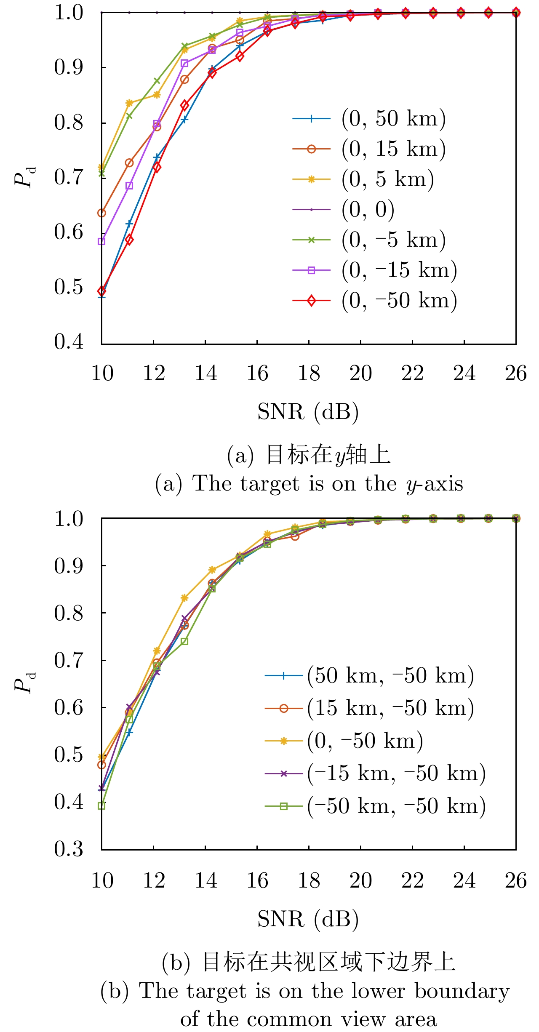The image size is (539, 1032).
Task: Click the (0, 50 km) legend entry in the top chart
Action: [x=393, y=119]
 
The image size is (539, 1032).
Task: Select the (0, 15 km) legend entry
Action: [x=393, y=149]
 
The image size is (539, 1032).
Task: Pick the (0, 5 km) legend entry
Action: [x=387, y=179]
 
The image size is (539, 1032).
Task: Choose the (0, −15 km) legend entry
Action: [x=399, y=270]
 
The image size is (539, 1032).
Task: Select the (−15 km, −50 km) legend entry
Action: [x=396, y=773]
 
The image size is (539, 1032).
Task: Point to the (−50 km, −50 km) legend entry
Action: [x=396, y=806]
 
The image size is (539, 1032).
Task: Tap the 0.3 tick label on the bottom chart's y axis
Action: [x=69, y=848]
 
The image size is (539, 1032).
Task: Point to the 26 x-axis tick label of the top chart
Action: [x=515, y=373]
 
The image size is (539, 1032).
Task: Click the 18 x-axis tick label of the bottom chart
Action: [x=309, y=880]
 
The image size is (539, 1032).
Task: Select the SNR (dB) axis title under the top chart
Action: [x=308, y=412]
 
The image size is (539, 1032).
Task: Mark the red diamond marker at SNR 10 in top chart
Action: [x=101, y=291]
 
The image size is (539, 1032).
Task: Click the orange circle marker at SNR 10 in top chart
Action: [x=101, y=213]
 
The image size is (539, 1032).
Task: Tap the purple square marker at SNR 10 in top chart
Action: [x=101, y=241]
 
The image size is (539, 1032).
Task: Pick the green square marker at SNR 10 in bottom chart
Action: [x=101, y=806]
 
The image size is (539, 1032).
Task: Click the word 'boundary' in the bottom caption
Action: [x=462, y=992]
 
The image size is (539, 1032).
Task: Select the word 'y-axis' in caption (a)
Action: [x=435, y=484]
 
